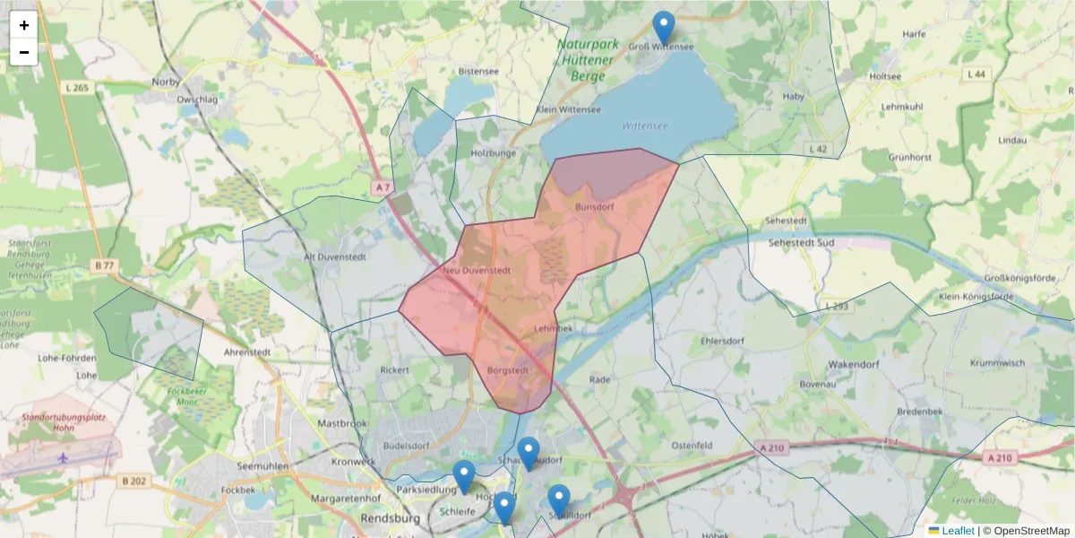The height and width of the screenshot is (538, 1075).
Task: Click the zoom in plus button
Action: click(24, 25)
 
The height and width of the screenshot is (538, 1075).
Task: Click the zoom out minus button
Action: click(24, 52)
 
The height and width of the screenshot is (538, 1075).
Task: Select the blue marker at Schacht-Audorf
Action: click(529, 454)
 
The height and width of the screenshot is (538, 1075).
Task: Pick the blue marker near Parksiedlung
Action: click(463, 477)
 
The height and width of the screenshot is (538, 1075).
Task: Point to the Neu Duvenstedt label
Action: click(477, 270)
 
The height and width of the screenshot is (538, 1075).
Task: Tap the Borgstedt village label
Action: click(509, 369)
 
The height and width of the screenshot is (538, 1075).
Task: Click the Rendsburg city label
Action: click(390, 518)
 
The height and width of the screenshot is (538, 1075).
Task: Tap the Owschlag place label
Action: click(198, 100)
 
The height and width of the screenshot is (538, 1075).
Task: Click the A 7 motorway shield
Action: click(383, 187)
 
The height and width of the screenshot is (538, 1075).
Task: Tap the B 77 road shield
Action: click(104, 265)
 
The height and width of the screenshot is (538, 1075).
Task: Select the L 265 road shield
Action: click(78, 87)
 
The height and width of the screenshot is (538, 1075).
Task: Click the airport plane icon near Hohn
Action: click(63, 457)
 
